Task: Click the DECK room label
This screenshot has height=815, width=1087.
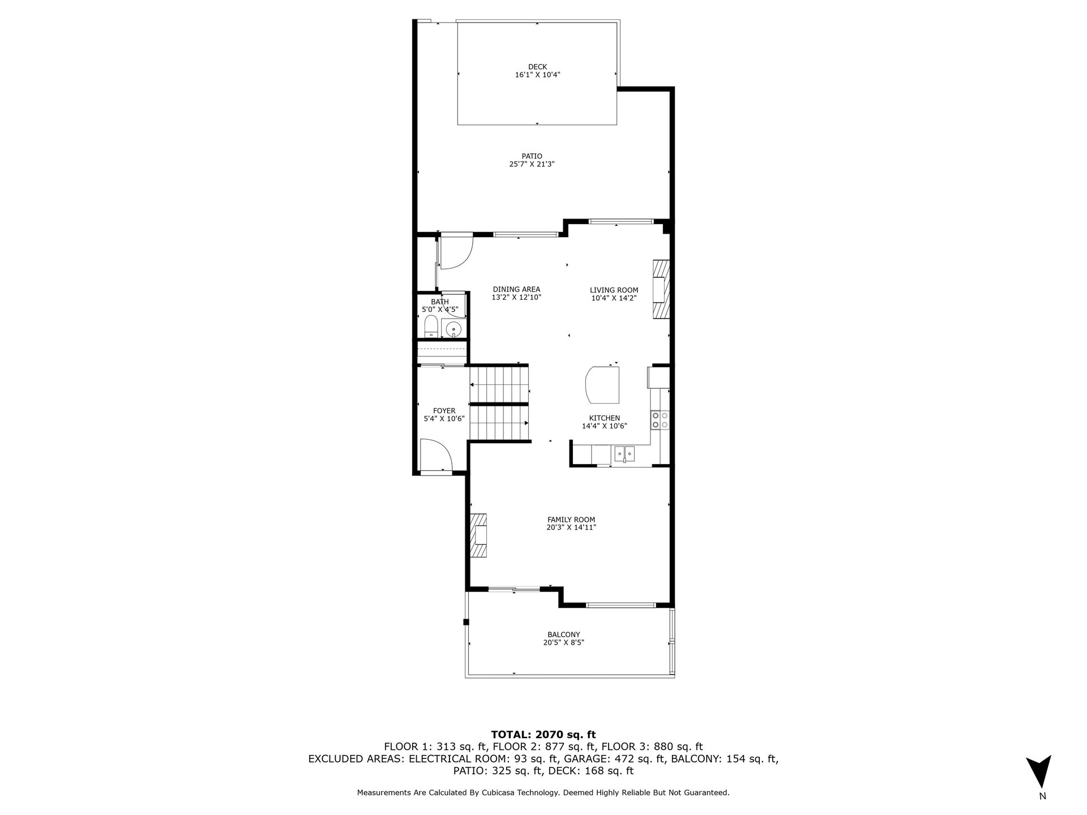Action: [537, 67]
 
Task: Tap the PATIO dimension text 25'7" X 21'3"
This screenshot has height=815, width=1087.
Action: [532, 164]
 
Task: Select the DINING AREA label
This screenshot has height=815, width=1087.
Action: [516, 289]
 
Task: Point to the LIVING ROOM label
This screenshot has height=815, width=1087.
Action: [614, 290]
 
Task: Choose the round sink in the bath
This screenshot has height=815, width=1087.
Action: [453, 329]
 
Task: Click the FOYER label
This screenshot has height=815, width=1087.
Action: [444, 411]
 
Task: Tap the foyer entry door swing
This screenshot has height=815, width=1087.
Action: [435, 454]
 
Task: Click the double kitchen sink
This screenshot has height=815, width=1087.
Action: [625, 453]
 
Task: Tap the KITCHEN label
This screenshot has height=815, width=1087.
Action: [605, 418]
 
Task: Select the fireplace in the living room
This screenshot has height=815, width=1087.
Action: [661, 290]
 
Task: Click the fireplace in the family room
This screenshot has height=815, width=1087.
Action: [479, 535]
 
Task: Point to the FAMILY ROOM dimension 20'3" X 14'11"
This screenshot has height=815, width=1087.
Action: [571, 527]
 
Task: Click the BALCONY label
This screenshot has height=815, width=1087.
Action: [564, 634]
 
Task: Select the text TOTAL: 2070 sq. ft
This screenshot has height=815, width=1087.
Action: [543, 735]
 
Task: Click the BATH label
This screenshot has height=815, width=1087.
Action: [440, 302]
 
